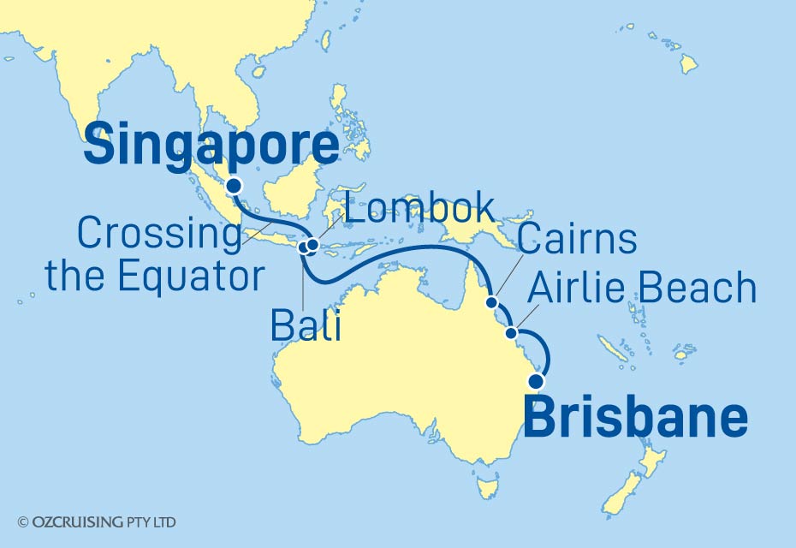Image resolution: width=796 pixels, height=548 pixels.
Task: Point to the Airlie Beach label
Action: [642, 289]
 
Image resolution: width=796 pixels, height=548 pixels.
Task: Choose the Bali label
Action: [306, 325]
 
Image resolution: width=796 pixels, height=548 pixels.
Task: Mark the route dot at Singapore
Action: [233, 185]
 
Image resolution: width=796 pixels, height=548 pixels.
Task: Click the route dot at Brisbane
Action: [538, 381]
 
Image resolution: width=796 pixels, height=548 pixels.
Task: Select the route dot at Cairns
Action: [491, 301]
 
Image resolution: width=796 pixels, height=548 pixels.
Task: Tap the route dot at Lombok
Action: [313, 246]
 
